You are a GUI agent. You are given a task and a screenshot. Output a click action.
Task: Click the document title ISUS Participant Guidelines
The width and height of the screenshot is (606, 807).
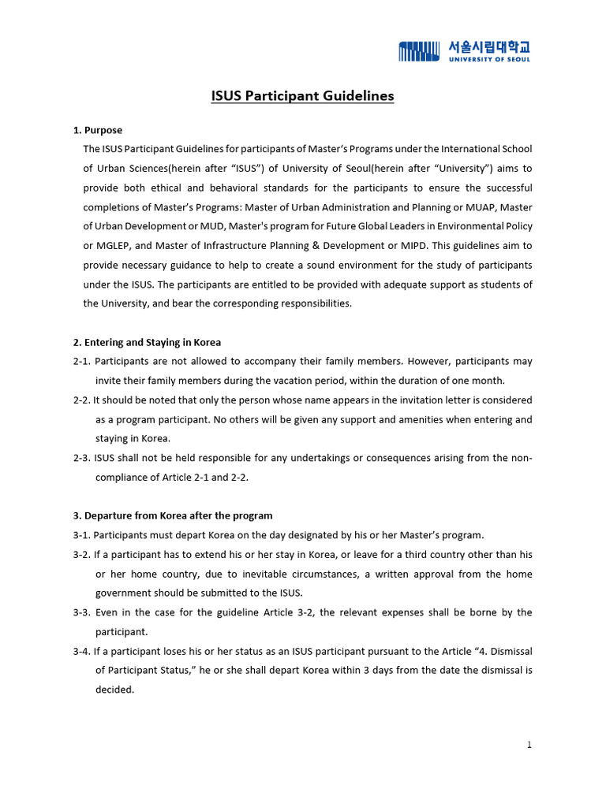point(302,96)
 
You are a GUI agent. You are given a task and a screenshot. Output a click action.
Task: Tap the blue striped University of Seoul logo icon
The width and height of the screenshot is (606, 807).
point(419,51)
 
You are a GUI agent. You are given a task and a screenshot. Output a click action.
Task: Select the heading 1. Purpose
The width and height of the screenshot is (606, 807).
point(98,130)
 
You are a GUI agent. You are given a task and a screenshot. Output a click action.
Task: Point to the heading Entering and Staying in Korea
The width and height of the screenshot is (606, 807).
point(152,342)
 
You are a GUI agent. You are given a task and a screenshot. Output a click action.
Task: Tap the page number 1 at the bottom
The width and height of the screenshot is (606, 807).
point(529,745)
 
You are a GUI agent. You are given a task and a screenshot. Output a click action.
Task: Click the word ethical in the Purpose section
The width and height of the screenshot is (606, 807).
point(200,188)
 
